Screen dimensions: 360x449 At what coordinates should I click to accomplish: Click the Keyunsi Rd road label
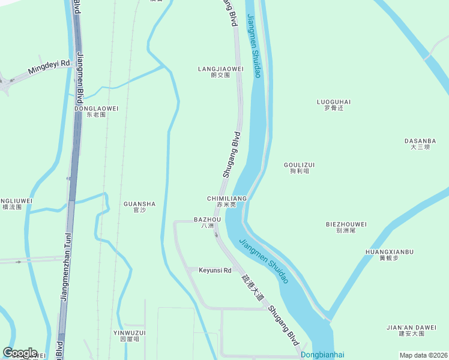tap(215, 271)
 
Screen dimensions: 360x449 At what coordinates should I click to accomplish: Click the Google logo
tap(19, 353)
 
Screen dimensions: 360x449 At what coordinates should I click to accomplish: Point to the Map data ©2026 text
tap(423, 355)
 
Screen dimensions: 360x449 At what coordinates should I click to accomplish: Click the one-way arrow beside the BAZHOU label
tap(217, 234)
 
